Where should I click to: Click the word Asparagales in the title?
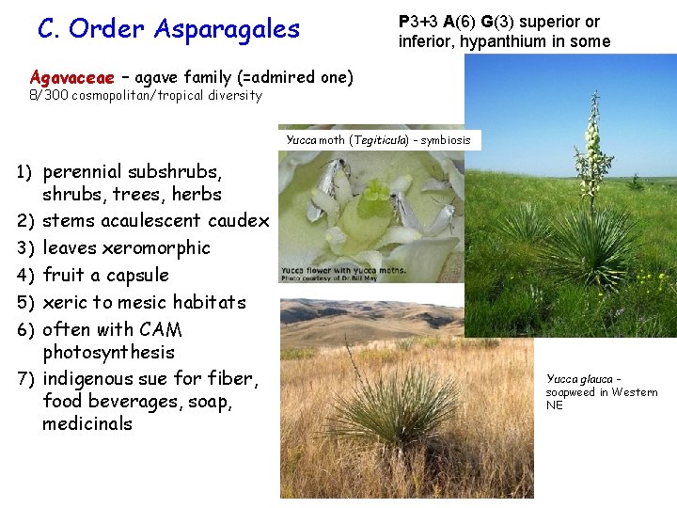point(231,29)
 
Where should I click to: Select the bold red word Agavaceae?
point(71,77)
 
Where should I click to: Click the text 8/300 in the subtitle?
point(46,96)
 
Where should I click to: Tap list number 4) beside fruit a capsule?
point(24,276)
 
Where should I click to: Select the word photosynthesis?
point(108,353)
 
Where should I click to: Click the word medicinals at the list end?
point(87,424)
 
